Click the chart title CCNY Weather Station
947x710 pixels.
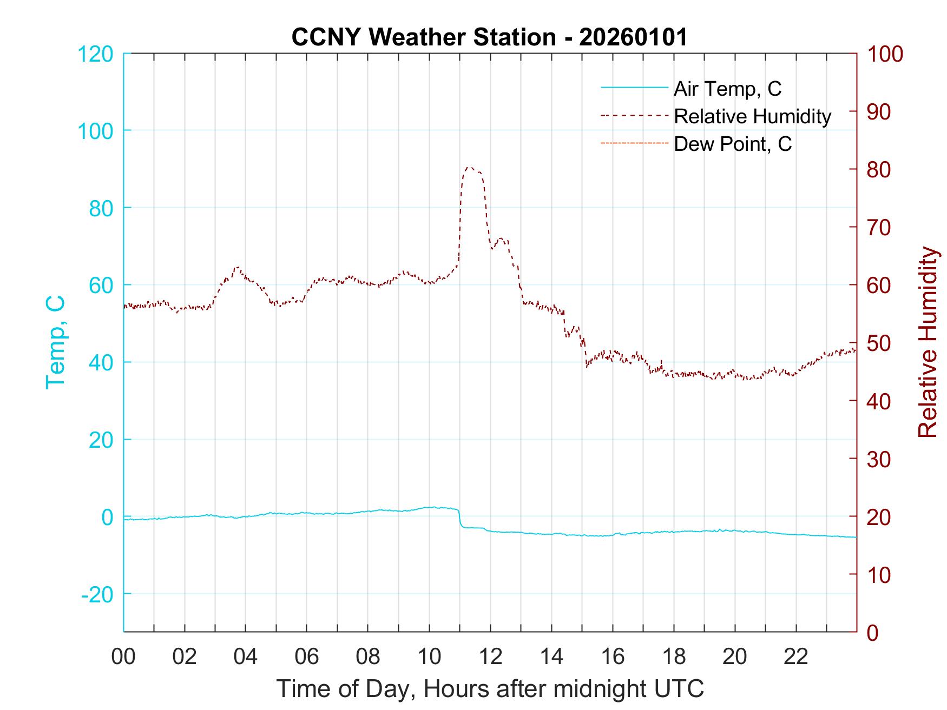489,37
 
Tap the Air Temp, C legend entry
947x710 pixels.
727,88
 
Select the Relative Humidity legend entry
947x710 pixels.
752,116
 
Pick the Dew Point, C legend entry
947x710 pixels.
732,144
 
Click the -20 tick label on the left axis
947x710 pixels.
97,594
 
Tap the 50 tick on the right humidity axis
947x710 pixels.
879,343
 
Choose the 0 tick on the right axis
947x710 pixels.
873,632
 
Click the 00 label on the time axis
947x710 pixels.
123,656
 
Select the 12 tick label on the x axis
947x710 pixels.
490,656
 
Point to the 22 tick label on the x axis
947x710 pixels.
796,656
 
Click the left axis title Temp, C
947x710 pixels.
56,342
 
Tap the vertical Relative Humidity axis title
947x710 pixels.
928,342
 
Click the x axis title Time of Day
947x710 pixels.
490,689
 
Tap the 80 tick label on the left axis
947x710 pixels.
100,208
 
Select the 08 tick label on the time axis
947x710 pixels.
368,656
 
